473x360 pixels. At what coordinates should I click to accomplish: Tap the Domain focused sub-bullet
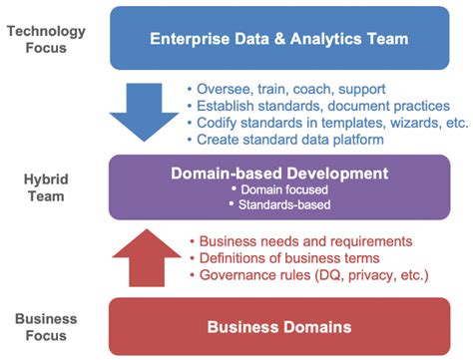tap(279, 188)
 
